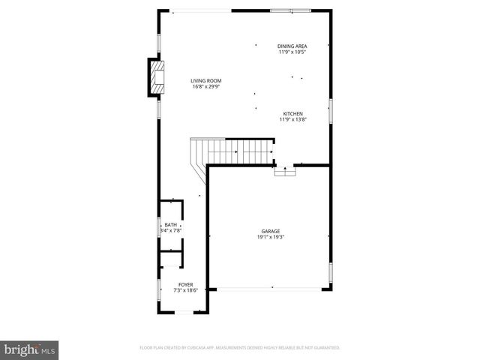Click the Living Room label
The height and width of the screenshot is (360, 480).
205,80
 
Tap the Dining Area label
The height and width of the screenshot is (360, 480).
292,46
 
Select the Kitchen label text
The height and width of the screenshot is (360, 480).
292,113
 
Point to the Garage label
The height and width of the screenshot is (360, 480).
271,231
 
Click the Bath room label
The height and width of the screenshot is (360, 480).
171,225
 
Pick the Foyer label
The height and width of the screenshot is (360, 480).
185,285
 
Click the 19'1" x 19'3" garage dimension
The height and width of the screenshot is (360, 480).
271,237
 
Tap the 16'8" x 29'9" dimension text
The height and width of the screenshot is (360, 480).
205,86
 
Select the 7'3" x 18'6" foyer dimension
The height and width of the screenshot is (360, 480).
185,291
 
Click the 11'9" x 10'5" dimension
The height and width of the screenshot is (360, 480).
292,52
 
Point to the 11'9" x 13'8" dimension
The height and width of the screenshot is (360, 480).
292,119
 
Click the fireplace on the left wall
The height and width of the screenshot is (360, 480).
155,79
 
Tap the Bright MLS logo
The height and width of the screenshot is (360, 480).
30,349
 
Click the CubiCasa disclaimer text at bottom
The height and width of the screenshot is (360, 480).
240,348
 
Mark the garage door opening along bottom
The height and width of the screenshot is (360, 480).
271,288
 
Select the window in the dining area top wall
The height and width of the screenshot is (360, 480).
290,10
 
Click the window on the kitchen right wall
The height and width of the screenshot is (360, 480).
330,111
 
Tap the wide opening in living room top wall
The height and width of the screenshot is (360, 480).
200,10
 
